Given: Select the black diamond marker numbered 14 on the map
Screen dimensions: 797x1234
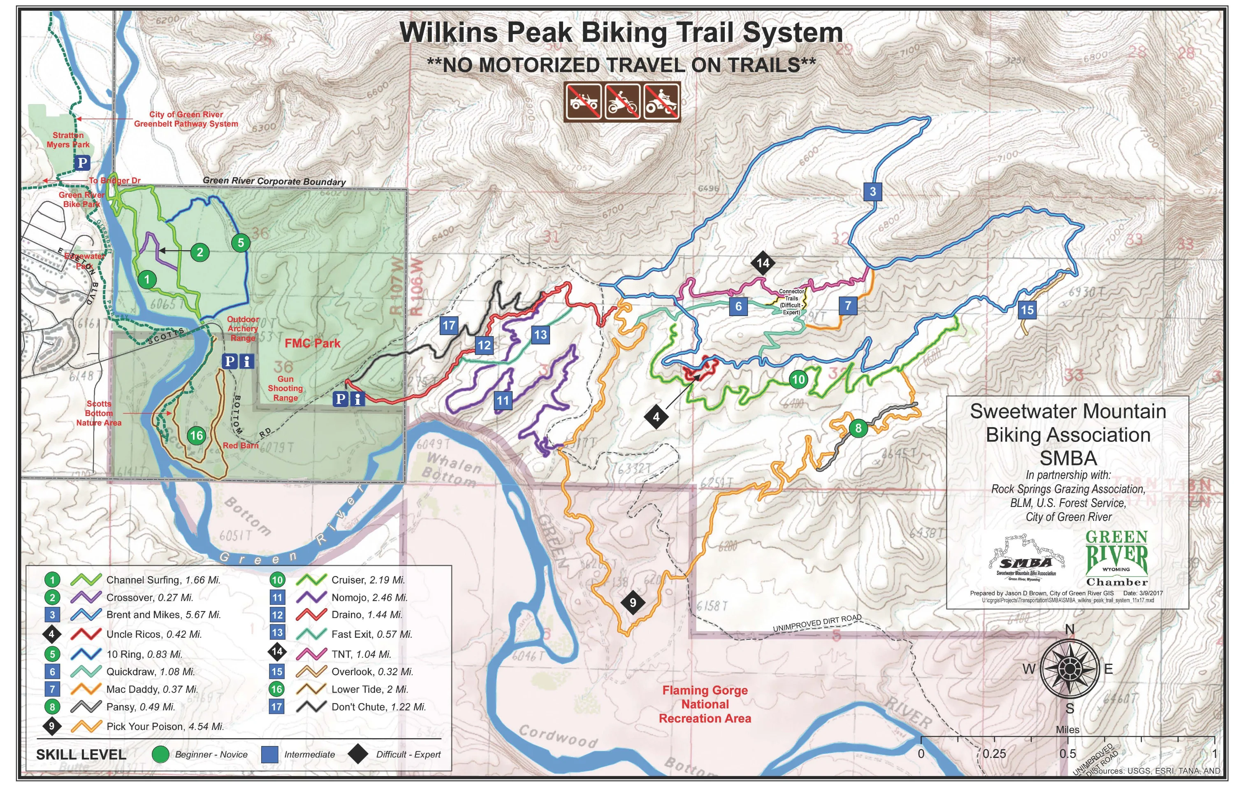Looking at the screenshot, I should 763,263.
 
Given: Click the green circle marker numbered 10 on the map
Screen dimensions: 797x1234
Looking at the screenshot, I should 798,379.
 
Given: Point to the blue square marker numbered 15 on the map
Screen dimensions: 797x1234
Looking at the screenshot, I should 1027,310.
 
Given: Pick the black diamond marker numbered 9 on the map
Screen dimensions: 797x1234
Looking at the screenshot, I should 632,602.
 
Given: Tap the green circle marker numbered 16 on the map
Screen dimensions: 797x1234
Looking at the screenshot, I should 196,435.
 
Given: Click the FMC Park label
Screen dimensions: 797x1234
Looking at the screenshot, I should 313,343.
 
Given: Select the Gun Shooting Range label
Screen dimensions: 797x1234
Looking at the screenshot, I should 285,388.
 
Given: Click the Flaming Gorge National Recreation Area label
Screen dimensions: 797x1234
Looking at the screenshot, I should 705,704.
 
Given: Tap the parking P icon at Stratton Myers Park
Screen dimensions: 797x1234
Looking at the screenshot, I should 82,163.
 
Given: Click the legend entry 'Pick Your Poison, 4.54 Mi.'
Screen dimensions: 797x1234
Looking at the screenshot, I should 165,726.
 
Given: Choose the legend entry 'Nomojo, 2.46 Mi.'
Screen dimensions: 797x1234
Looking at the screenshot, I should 369,597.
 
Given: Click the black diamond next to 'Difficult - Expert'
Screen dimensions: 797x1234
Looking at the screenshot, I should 357,754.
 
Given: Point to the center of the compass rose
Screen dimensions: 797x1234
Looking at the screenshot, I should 1069,669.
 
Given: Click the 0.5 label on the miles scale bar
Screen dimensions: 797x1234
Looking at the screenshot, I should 1067,753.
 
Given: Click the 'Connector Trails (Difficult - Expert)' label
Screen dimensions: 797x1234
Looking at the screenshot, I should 791,302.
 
